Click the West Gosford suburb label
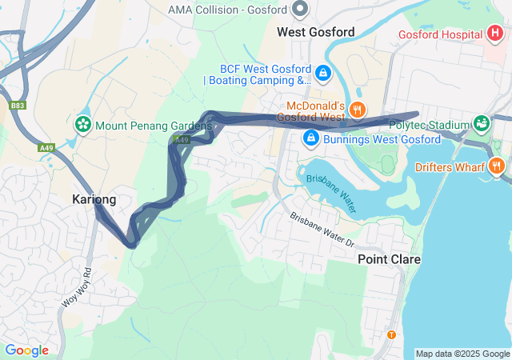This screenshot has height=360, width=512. click(315, 32)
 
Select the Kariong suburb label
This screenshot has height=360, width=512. click(94, 199)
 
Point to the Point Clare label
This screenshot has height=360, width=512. click(389, 259)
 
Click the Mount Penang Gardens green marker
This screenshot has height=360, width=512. click(82, 125)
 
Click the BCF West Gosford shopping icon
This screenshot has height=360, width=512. click(322, 74)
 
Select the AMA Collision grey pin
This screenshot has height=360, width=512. click(301, 10)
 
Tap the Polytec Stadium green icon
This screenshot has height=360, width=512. click(481, 124)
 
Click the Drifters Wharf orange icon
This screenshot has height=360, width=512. click(497, 166)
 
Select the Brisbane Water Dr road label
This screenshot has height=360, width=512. click(322, 229)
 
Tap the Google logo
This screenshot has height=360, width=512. click(26, 350)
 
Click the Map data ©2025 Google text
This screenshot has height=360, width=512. click(462, 354)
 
